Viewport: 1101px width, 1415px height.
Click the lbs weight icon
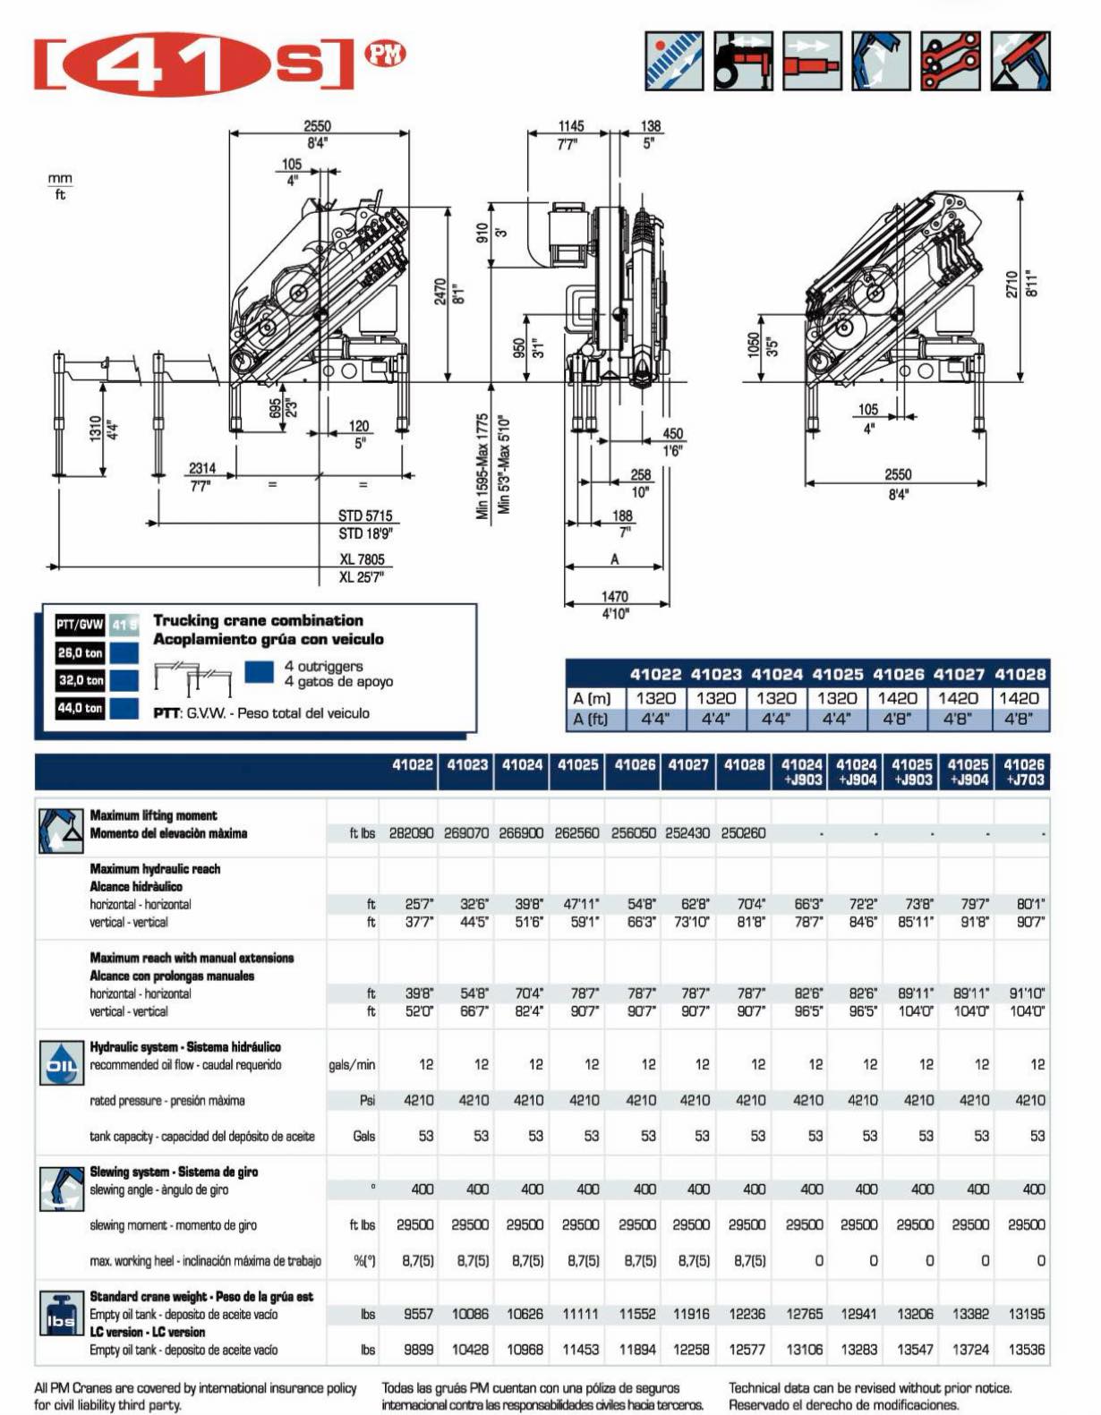click(61, 1315)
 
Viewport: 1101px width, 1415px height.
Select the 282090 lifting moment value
click(411, 833)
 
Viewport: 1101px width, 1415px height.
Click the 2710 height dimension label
click(1012, 285)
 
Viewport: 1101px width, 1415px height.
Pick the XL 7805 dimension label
click(362, 559)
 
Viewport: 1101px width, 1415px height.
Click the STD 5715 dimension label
click(365, 516)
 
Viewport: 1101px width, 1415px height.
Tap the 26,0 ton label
click(81, 653)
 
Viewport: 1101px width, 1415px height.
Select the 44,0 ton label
click(81, 708)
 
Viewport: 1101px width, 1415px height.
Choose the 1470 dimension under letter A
click(614, 596)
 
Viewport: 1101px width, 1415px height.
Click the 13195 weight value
click(1026, 1315)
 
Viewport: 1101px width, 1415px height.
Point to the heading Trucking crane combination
click(258, 620)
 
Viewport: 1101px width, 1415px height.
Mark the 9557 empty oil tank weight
click(418, 1315)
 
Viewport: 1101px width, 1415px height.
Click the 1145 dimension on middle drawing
click(570, 126)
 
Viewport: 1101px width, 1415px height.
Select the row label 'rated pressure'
click(167, 1101)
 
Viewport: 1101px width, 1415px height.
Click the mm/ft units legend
click(60, 186)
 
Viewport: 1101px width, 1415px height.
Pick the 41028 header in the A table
click(1020, 674)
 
